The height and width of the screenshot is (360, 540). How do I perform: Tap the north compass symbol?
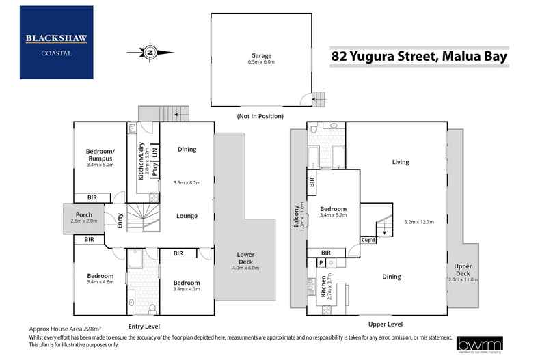(x=149, y=51)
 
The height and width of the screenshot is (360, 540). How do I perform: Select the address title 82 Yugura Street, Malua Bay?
(x=420, y=56)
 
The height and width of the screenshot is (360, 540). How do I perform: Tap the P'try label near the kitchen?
(x=155, y=170)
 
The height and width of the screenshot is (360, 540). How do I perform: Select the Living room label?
(x=400, y=162)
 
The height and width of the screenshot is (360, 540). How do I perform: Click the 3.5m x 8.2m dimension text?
(x=187, y=183)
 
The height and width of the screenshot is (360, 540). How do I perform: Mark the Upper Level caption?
(x=386, y=324)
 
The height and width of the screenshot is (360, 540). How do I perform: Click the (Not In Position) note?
(x=260, y=116)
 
